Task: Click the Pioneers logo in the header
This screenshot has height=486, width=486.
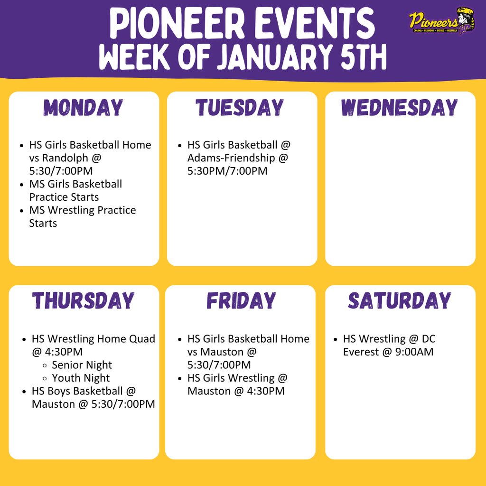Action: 440,21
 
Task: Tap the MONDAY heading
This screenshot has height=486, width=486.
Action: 84,108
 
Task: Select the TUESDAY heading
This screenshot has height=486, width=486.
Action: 240,108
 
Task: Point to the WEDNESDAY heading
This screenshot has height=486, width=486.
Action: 400,108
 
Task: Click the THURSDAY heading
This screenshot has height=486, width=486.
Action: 84,301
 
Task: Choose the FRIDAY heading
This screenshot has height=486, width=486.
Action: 241,301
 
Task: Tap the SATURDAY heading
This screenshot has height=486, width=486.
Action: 400,301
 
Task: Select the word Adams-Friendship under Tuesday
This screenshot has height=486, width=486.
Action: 231,158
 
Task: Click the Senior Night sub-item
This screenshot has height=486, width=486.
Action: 82,365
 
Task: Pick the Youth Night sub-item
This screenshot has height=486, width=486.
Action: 81,378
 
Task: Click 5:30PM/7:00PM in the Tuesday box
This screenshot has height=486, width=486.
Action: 227,171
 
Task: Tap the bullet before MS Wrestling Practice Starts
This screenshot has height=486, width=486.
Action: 22,211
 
